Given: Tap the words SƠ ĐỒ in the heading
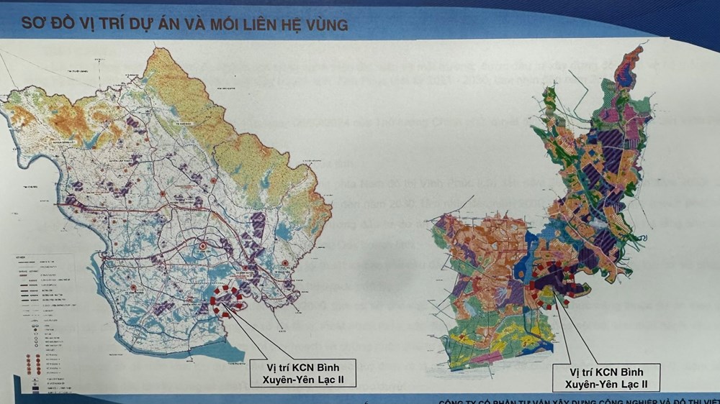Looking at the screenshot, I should pos(40,24).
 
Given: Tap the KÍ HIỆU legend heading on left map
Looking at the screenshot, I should pos(22,256).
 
